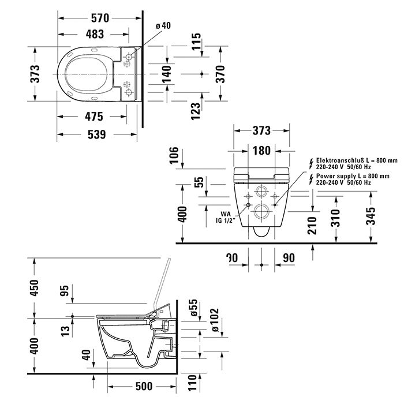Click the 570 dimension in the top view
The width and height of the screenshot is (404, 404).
click(x=99, y=18)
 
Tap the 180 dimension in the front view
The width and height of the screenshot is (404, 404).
click(x=262, y=151)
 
